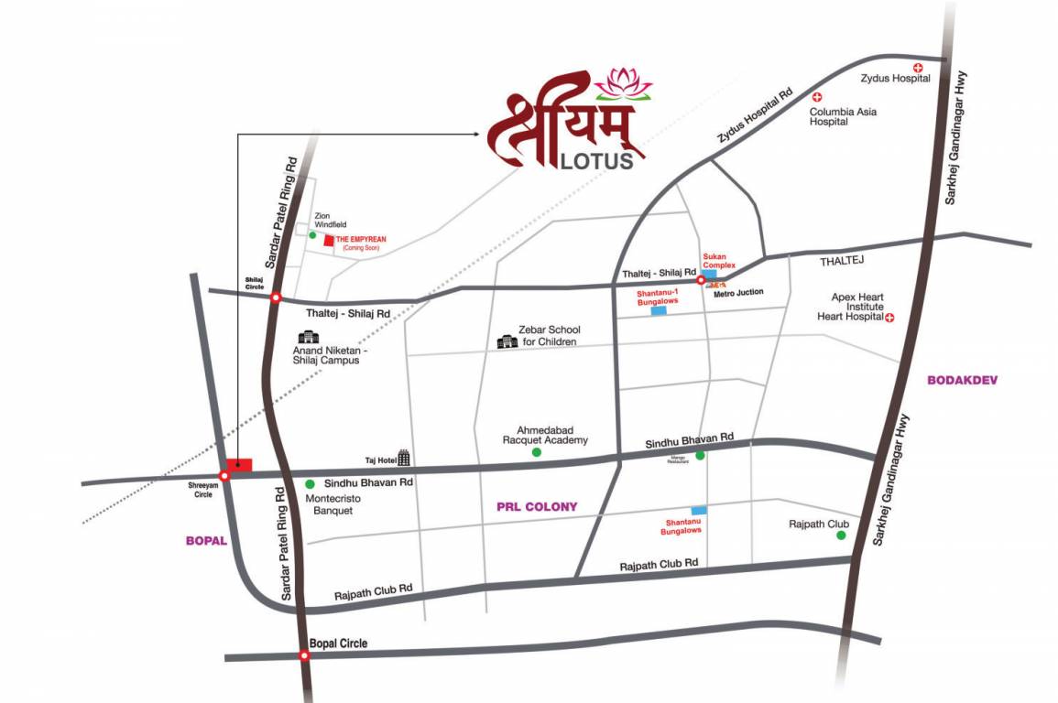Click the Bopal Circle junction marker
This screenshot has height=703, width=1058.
[304, 655]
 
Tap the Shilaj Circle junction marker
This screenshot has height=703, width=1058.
[276, 297]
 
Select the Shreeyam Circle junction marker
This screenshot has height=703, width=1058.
[224, 475]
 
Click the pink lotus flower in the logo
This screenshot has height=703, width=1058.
[623, 83]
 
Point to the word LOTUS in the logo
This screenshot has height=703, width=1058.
[595, 161]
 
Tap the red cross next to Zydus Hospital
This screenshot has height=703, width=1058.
[918, 69]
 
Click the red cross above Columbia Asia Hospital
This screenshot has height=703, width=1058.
[818, 97]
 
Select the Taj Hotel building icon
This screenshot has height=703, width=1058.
[404, 458]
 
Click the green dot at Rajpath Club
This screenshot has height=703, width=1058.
[841, 535]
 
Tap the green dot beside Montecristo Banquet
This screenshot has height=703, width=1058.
[310, 483]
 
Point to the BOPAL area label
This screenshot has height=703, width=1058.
[205, 541]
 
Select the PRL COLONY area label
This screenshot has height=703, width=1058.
[537, 506]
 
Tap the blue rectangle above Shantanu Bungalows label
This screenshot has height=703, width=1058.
[699, 510]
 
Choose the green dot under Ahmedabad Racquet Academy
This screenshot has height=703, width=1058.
[537, 452]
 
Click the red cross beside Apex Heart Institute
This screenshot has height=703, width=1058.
[889, 318]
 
